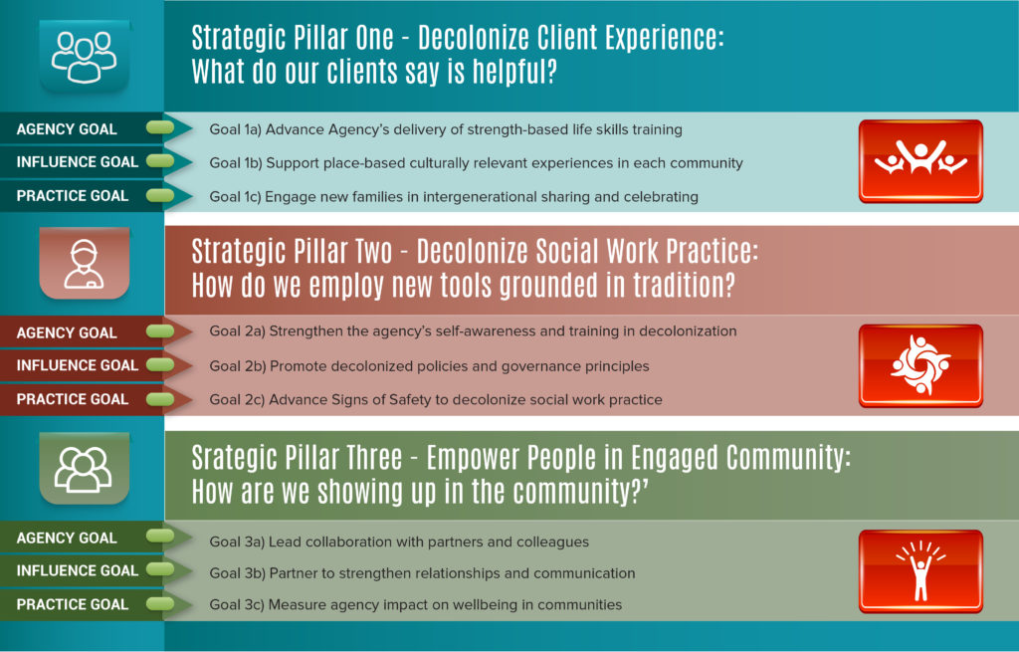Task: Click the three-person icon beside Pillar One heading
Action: pos(85,57)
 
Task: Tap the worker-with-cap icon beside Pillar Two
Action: pos(84,263)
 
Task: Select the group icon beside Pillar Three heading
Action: pos(84,469)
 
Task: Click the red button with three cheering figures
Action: pos(920,160)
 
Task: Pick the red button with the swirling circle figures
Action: pos(920,365)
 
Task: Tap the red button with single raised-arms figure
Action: pos(920,570)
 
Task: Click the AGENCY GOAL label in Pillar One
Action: pos(67,129)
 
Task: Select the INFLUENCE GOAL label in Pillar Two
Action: pos(78,365)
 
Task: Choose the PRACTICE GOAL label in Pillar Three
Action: pos(72,604)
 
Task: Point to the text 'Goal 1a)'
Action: pos(235,130)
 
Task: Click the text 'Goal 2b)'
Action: pos(237,366)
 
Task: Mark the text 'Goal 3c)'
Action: pos(237,604)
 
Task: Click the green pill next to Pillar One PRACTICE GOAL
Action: pos(160,195)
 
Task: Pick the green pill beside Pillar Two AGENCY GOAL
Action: pos(160,331)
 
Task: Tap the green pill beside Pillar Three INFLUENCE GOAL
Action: pos(160,569)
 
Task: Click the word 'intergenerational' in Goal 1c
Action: pos(480,197)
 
